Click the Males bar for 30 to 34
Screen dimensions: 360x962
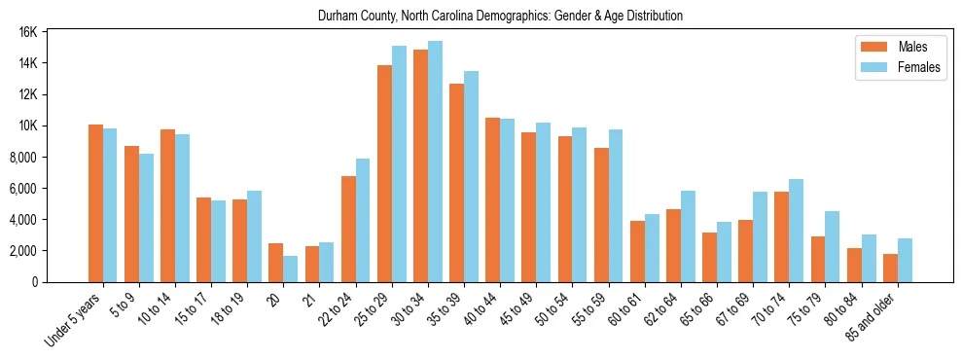[x=420, y=165]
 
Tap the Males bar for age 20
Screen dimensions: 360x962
[x=276, y=263]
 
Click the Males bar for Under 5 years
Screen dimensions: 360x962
[x=95, y=203]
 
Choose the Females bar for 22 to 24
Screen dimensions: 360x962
[x=363, y=220]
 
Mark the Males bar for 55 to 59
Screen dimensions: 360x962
[x=601, y=215]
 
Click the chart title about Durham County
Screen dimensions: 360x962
[x=500, y=17]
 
